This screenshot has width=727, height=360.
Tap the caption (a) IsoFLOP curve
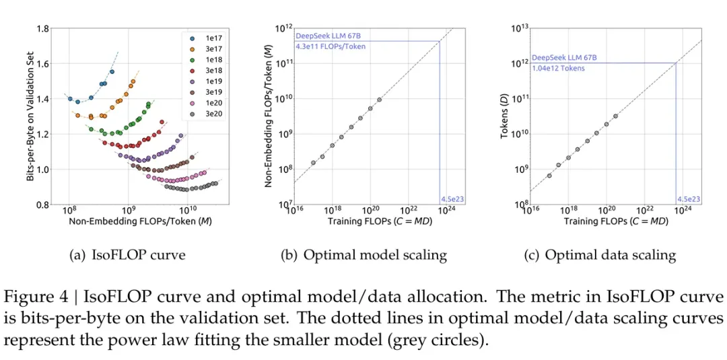click(x=128, y=255)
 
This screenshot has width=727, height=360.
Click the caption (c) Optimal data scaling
click(x=600, y=255)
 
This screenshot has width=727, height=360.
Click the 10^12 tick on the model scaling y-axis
click(x=285, y=29)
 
